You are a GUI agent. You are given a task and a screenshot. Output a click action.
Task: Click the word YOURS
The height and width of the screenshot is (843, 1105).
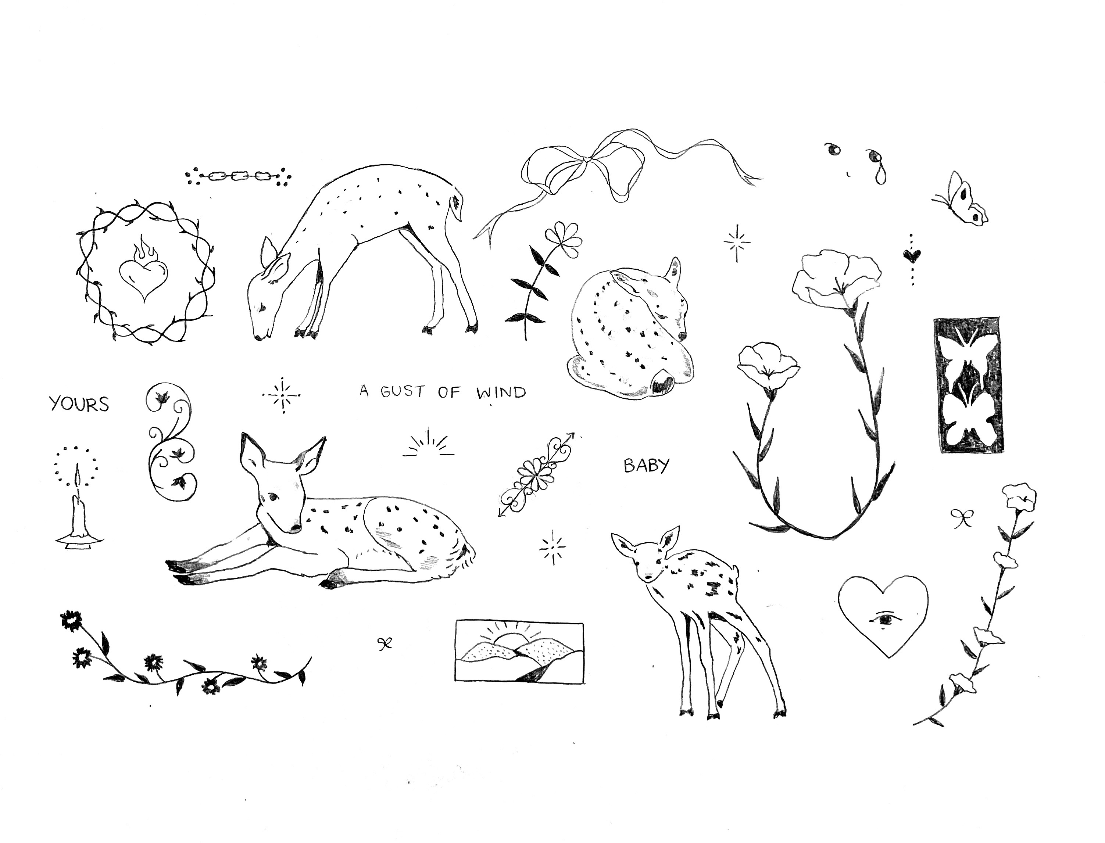[x=79, y=404]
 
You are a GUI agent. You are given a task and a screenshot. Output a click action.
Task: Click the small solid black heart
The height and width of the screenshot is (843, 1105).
[x=912, y=256]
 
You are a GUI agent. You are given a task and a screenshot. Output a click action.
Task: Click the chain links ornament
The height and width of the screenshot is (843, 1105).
[x=238, y=176]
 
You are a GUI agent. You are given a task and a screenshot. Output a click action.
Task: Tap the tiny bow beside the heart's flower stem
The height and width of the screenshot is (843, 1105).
[x=962, y=518]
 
